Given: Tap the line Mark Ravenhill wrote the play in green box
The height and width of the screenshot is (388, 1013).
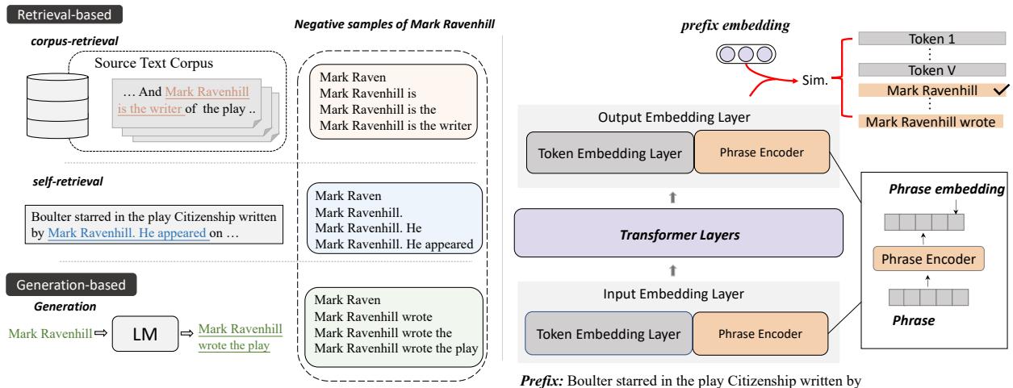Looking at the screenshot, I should [x=398, y=349].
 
